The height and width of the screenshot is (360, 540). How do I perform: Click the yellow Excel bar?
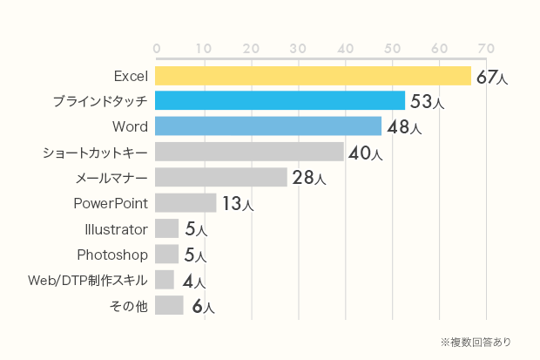[x=313, y=76]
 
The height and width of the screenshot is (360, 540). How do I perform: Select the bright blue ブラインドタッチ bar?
[x=280, y=101]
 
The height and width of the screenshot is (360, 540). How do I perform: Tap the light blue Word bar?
[x=268, y=126]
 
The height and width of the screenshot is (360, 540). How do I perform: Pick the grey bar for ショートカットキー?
[x=249, y=153]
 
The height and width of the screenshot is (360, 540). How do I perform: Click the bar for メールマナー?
[x=220, y=178]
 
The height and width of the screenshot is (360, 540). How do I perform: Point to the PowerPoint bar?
[x=186, y=203]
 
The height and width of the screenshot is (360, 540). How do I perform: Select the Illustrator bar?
[x=166, y=229]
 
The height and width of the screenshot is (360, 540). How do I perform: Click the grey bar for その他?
[x=169, y=305]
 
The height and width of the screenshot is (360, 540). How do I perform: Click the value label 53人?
[x=427, y=103]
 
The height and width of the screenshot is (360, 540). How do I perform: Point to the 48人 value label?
[x=404, y=128]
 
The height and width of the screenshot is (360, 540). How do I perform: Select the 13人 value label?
[x=237, y=205]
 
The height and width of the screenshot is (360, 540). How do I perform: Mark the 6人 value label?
[x=202, y=307]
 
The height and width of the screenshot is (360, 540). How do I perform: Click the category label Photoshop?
[x=112, y=255]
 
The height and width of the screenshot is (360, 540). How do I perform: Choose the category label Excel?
[x=131, y=76]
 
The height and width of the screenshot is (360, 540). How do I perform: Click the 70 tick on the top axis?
[x=485, y=47]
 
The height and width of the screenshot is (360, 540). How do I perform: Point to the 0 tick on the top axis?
[x=156, y=47]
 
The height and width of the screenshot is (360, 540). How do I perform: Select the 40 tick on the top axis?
[x=344, y=47]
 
